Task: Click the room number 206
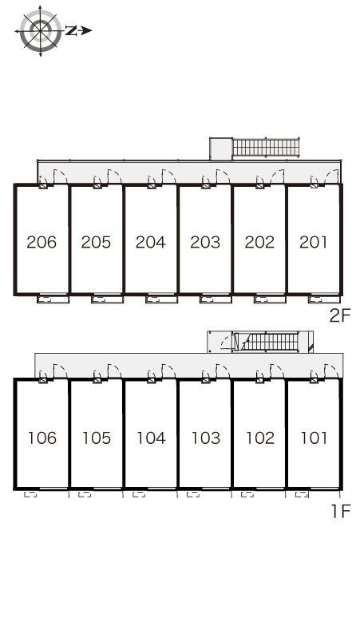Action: coord(42,242)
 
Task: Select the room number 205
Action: coord(96,242)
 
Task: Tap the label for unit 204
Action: coord(150,242)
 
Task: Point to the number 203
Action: coord(205,242)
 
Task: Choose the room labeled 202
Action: coord(259,242)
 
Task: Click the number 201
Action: coord(313,242)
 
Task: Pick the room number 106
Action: coord(42,438)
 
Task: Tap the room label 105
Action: coord(97,438)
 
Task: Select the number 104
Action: coord(151,438)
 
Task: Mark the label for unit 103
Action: coord(206,438)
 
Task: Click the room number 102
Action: coord(260,438)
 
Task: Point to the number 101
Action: coord(314,438)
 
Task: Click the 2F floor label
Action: coord(340,315)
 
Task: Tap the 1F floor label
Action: coord(341,511)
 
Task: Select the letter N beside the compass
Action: coord(71,31)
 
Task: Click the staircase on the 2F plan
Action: coord(267,148)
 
